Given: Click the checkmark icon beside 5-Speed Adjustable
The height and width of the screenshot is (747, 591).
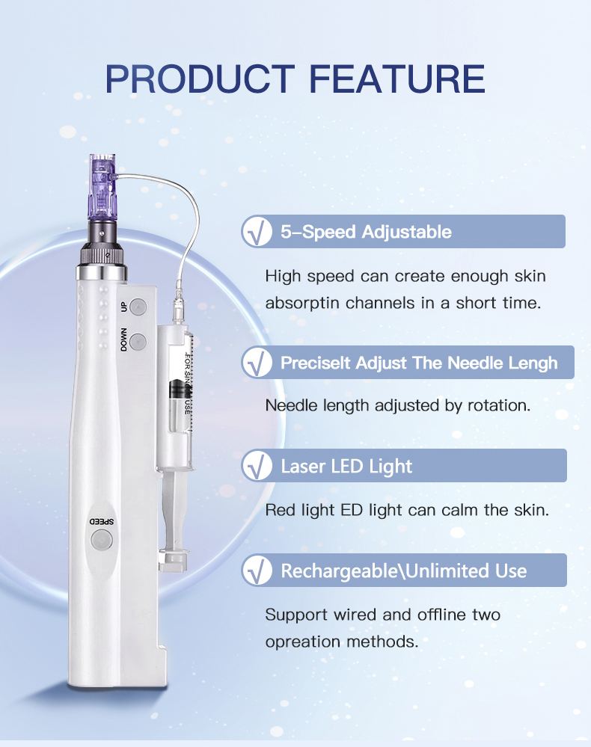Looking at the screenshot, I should (x=257, y=232).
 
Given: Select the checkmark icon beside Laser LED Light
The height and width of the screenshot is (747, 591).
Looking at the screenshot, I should (x=257, y=467).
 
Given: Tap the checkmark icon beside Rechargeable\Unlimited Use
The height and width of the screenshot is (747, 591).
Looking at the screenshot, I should (x=257, y=571).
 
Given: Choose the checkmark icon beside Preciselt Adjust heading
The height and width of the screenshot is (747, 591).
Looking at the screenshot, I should (x=257, y=363).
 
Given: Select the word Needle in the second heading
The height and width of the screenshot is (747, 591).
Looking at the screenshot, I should (x=475, y=363).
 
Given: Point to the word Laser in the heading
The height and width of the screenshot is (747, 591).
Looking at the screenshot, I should (x=302, y=467).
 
